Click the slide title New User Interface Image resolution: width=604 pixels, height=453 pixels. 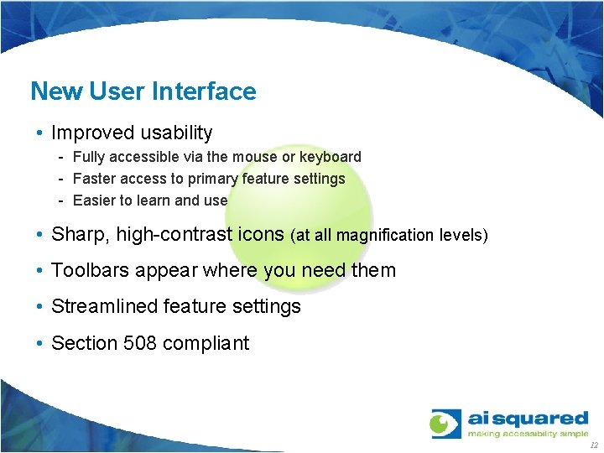143,91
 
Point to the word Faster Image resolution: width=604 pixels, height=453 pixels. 95,179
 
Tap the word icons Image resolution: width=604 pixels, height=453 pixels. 261,235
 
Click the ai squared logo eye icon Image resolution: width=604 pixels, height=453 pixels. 445,423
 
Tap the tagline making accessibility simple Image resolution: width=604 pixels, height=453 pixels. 528,434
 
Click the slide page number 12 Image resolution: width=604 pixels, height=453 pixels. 594,445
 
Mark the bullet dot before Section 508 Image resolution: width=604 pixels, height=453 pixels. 40,343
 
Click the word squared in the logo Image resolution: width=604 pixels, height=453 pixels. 543,418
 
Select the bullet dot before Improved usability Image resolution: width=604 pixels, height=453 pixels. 40,133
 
